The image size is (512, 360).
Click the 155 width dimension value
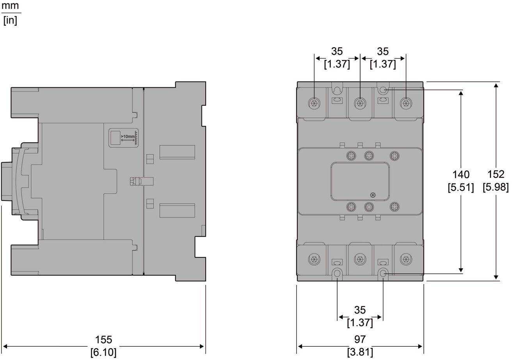tap(103, 339)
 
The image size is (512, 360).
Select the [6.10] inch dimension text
tap(103, 352)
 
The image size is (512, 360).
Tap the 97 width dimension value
tap(360, 339)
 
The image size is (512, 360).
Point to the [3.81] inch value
tap(360, 352)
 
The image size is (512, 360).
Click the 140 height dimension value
tap(461, 174)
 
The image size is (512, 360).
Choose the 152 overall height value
tap(496, 174)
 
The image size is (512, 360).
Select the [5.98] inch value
tap(496, 187)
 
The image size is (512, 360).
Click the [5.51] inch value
tap(461, 187)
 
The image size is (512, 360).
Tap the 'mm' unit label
tap(10, 6)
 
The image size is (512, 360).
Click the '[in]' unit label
tap(10, 20)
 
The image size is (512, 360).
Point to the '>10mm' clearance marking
tap(128, 137)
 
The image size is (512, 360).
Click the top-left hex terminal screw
tap(314, 103)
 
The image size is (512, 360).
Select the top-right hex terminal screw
tap(406, 103)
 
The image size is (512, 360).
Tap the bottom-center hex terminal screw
tap(360, 259)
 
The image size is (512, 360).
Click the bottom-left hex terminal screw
tap(314, 259)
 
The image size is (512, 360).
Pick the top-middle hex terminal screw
tap(360, 103)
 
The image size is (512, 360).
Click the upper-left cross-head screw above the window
tap(351, 156)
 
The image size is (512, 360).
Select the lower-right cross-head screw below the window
tap(395, 207)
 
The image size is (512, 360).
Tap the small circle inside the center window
tap(373, 195)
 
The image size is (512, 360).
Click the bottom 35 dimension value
tap(360, 310)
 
